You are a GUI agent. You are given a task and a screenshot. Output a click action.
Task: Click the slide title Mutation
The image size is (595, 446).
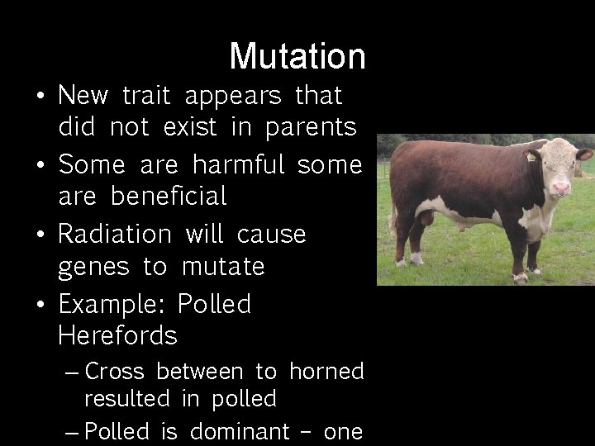coord(297,56)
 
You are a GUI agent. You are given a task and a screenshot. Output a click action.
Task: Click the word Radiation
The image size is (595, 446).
coord(114,234)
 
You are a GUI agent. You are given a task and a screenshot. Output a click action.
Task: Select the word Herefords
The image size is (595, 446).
coord(118,336)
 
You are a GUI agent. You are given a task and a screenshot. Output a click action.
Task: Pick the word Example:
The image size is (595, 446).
coord(112,304)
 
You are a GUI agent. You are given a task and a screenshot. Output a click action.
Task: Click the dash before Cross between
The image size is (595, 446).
coord(72,372)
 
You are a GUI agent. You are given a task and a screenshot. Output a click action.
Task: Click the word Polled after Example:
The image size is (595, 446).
coord(214,304)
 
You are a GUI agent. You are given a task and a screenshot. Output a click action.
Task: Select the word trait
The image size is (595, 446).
coord(145,97)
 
